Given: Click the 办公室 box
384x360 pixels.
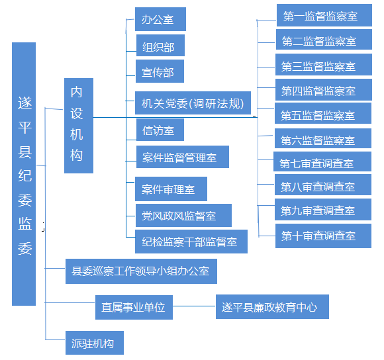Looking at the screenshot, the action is coord(160,19).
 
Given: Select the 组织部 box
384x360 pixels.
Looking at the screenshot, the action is coord(160,45).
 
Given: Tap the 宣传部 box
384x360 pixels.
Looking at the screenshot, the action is coord(160,71).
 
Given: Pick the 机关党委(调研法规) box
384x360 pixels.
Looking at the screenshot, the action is coord(193,103).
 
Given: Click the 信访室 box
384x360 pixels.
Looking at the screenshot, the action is coord(160,130).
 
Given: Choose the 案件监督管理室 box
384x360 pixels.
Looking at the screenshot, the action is coord(183,157).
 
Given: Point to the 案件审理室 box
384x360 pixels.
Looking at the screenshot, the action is coord(171,189).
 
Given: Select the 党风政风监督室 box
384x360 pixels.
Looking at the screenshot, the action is coord(183,215).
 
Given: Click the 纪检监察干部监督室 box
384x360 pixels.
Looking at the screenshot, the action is coord(191,242).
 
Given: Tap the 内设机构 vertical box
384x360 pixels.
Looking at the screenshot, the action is coord(79,126).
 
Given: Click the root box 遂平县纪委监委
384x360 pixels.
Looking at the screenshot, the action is coord(24,174).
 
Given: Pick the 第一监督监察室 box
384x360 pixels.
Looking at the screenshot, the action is coord(324,15).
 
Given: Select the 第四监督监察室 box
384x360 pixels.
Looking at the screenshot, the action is coord(324,89).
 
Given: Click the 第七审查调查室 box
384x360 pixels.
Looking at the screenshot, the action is coord(322,161).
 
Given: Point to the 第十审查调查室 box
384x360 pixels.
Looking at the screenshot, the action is coord(323,236).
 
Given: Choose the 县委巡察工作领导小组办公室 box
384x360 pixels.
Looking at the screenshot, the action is coord(141,271).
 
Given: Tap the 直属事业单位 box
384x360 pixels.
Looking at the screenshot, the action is coord(134,307).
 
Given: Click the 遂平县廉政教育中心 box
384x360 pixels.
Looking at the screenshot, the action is coord(272,306).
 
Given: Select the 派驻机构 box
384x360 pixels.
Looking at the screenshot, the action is coord(95,343).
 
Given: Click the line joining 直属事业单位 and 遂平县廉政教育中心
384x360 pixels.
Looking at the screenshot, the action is coord(194,306).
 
